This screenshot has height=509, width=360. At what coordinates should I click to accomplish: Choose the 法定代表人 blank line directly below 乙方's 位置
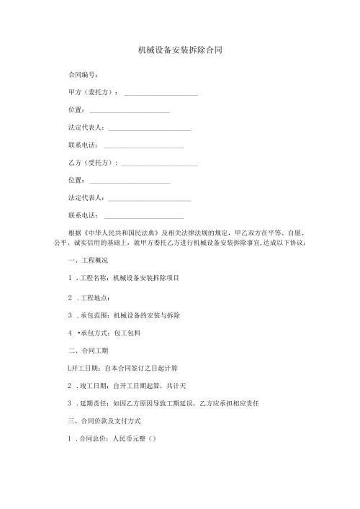148,199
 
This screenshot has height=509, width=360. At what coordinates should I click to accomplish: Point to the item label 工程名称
94,278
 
